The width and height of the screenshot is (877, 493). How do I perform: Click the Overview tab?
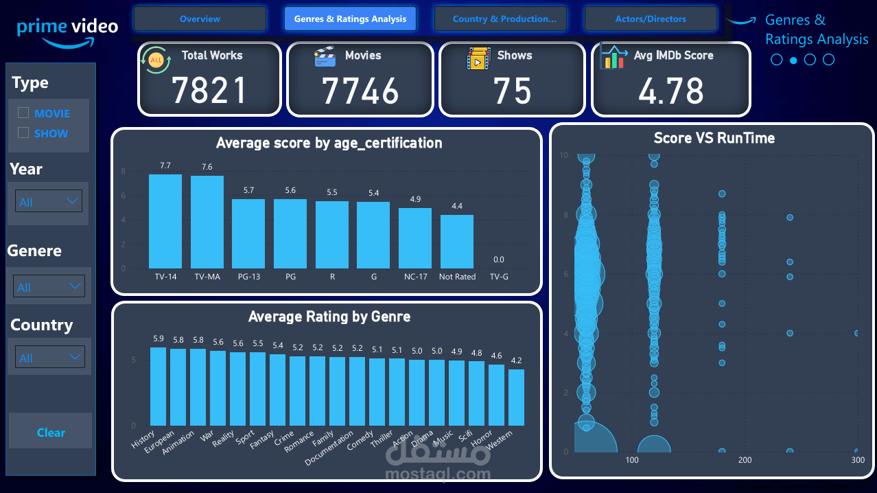click(200, 19)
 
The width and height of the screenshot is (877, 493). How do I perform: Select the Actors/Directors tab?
click(651, 19)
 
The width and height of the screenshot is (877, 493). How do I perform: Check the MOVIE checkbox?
click(23, 113)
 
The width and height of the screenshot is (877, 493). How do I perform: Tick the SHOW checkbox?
click(23, 133)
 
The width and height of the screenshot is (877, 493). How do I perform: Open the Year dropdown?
click(48, 202)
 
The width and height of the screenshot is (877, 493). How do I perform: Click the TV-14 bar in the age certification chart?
click(165, 221)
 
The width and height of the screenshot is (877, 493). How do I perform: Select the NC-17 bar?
click(415, 238)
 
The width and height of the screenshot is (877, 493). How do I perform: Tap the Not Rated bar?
click(457, 241)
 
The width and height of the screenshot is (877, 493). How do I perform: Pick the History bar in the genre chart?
click(158, 386)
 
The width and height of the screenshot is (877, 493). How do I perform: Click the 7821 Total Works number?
click(209, 91)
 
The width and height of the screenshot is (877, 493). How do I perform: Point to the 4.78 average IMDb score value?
click(670, 91)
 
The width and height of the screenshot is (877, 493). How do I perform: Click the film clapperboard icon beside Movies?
click(325, 57)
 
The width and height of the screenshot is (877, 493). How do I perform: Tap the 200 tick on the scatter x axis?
click(745, 460)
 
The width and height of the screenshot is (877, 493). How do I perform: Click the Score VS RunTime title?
click(714, 138)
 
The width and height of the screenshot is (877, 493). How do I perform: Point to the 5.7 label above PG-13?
click(248, 190)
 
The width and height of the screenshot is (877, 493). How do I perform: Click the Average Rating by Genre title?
click(329, 317)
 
